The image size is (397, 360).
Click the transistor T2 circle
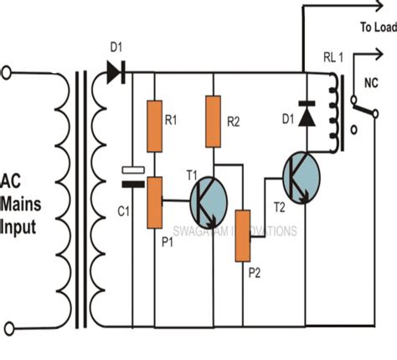(x=300, y=177)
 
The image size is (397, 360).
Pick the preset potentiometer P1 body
(x=155, y=202)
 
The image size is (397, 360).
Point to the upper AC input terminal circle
(x=8, y=73)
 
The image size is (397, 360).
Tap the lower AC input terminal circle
(x=8, y=326)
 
